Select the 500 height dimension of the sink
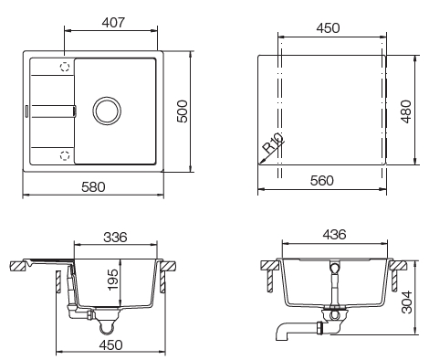(182, 111)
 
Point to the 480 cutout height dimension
(405, 111)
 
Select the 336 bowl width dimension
(113, 238)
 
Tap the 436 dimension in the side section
(334, 236)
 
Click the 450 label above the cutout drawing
(327, 28)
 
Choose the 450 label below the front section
(112, 344)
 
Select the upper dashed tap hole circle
(65, 68)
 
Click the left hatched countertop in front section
(18, 266)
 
